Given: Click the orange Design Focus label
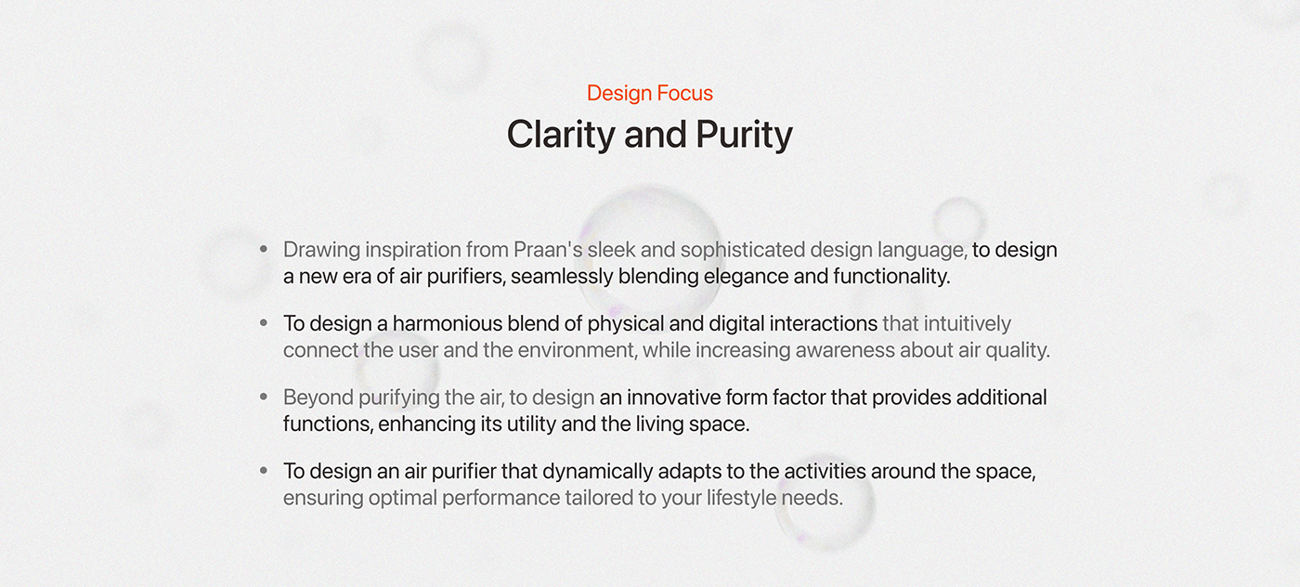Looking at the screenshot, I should coord(650,93).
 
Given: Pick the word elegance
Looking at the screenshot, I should coord(724,276).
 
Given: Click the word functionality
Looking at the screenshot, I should coord(890,276).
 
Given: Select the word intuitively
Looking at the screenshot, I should coord(967,323).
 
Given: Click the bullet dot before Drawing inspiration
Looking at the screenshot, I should coord(264,250).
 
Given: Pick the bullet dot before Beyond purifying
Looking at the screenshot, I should coord(264,398).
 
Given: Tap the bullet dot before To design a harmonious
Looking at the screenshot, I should coord(264,323).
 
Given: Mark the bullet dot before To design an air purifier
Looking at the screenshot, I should coord(264,471).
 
